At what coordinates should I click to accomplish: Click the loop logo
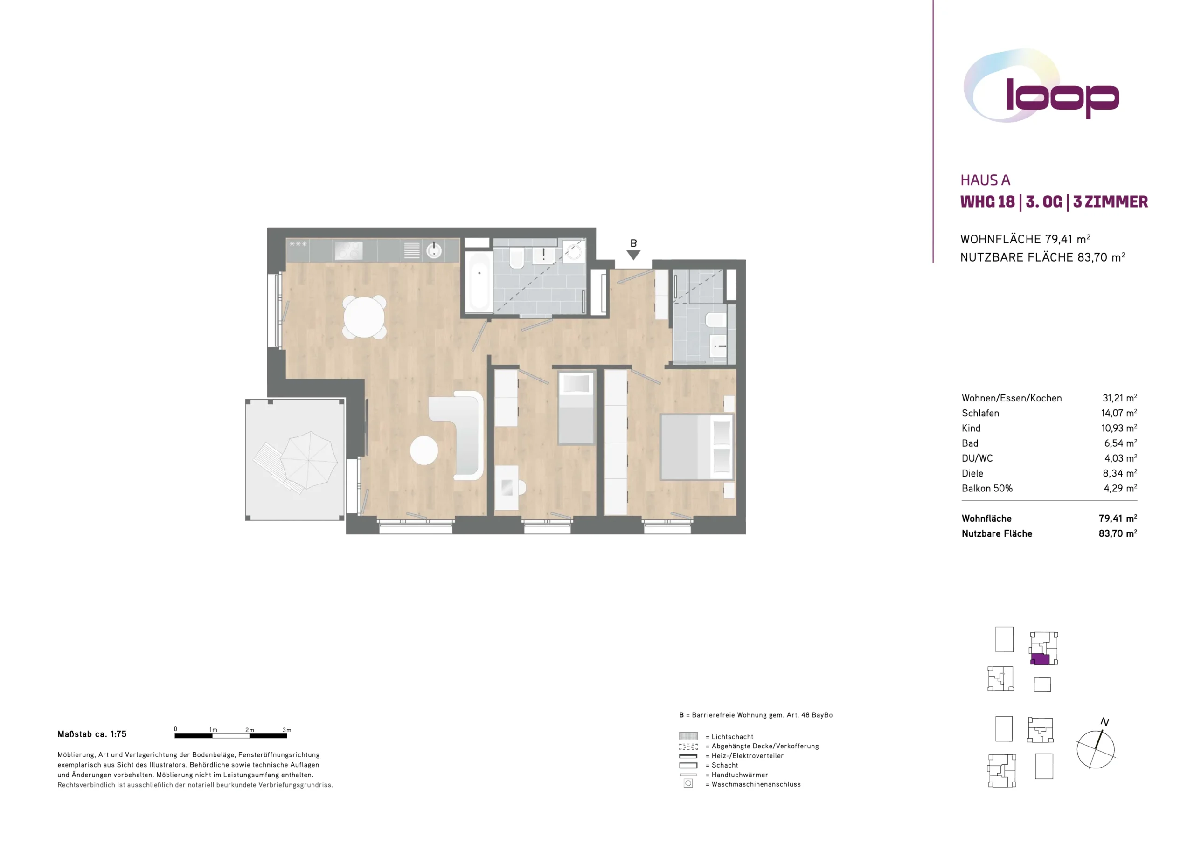tap(1041, 86)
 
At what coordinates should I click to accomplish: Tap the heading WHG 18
tap(987, 202)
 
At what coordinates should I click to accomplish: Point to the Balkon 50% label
tap(987, 488)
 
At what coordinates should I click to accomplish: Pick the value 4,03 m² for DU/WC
tap(1121, 458)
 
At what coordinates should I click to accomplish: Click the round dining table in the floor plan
tap(364, 317)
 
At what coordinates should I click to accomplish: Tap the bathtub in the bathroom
tap(479, 283)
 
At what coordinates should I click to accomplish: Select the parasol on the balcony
tap(308, 460)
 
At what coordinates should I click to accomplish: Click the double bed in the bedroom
tap(697, 447)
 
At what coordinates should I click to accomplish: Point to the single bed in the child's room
tap(576, 408)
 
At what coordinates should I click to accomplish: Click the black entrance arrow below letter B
tap(633, 255)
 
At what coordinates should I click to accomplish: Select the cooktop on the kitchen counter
tap(348, 250)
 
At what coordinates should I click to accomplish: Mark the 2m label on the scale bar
tap(250, 730)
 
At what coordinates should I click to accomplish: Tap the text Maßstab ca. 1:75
tap(92, 734)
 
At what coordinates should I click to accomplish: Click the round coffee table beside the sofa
tap(424, 450)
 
